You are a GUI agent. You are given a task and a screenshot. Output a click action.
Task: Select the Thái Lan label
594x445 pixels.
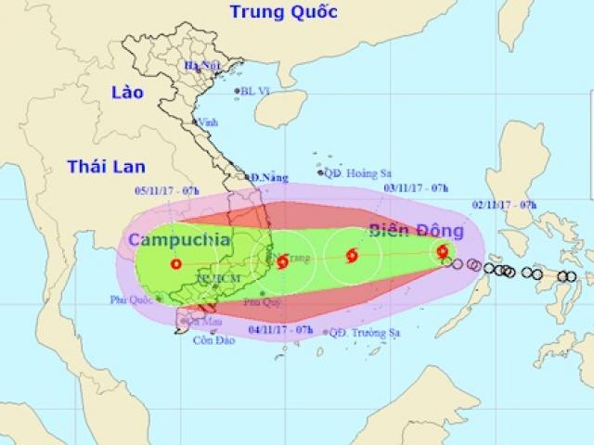pos(103,166)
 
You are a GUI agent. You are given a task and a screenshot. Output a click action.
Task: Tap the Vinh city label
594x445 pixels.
pos(208,122)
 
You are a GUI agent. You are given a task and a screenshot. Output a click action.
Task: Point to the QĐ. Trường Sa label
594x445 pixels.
pos(361,332)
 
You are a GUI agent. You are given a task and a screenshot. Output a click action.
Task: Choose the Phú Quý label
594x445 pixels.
pos(257,301)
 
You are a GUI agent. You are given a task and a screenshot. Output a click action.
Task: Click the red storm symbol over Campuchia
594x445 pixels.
pos(176,263)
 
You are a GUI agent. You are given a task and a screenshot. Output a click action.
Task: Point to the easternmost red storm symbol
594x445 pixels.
pos(443,250)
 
